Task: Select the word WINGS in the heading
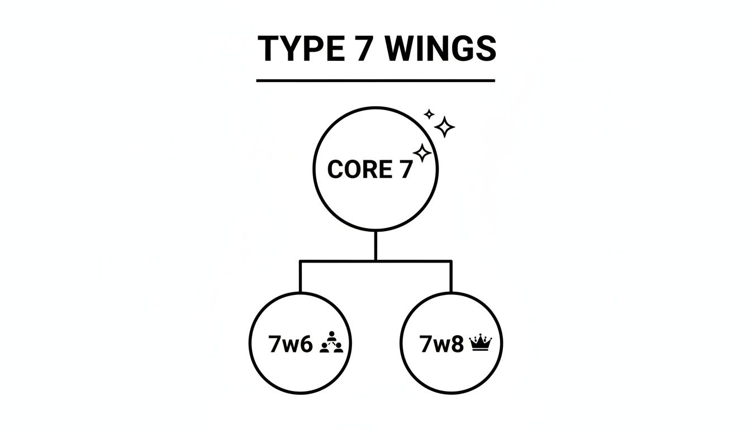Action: coord(440,49)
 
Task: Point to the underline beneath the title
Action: coord(375,81)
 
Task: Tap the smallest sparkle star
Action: coord(429,115)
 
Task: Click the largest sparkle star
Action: coord(445,127)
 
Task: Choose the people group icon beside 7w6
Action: coord(333,343)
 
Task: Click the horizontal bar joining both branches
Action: coord(375,260)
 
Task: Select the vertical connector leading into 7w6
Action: coord(300,277)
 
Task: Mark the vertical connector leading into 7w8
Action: coord(451,277)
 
